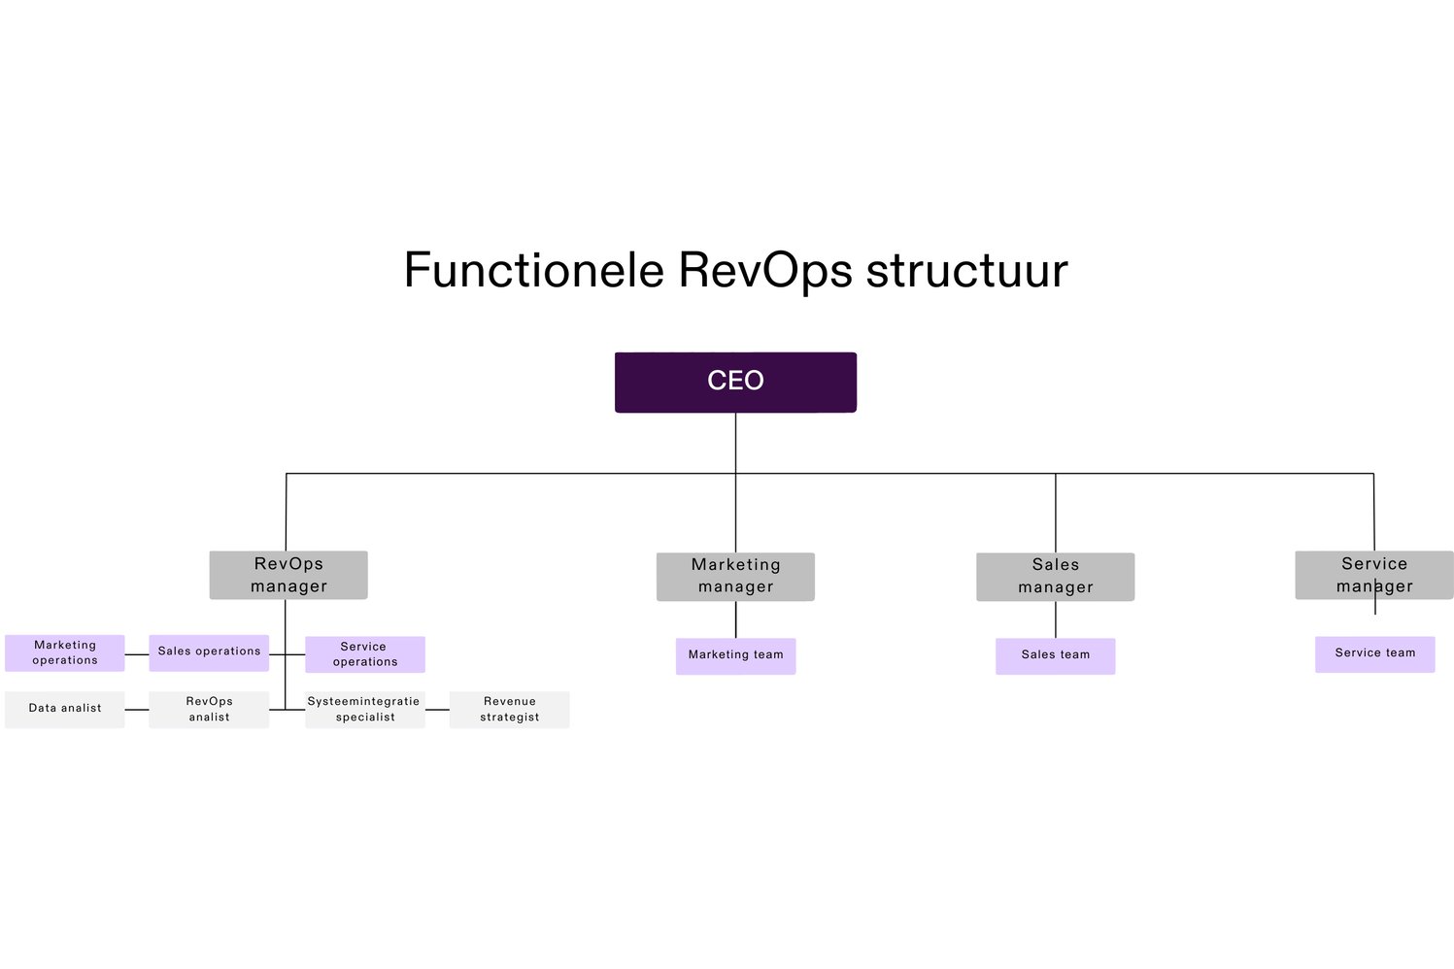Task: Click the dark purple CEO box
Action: pyautogui.click(x=735, y=382)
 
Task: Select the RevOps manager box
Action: pyautogui.click(x=288, y=575)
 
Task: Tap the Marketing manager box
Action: pyautogui.click(x=735, y=576)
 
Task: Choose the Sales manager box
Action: pyautogui.click(x=1055, y=576)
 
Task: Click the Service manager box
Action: pyautogui.click(x=1373, y=575)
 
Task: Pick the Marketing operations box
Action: pyautogui.click(x=65, y=652)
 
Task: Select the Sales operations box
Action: pyautogui.click(x=209, y=652)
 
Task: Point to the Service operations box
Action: pyautogui.click(x=365, y=653)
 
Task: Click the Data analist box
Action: pyautogui.click(x=65, y=709)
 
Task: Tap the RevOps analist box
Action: pyautogui.click(x=209, y=709)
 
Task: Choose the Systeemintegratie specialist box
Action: pyautogui.click(x=365, y=709)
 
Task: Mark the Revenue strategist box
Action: pyautogui.click(x=509, y=709)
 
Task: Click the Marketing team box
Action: pyautogui.click(x=735, y=655)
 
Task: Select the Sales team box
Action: pyautogui.click(x=1055, y=655)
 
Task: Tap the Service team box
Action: pyautogui.click(x=1374, y=653)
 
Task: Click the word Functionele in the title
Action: pyautogui.click(x=533, y=270)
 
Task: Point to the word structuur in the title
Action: pyautogui.click(x=966, y=270)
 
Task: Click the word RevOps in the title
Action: pyautogui.click(x=764, y=270)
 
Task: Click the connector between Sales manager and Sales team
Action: pyautogui.click(x=1055, y=619)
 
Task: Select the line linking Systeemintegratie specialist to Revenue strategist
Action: pyautogui.click(x=437, y=710)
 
